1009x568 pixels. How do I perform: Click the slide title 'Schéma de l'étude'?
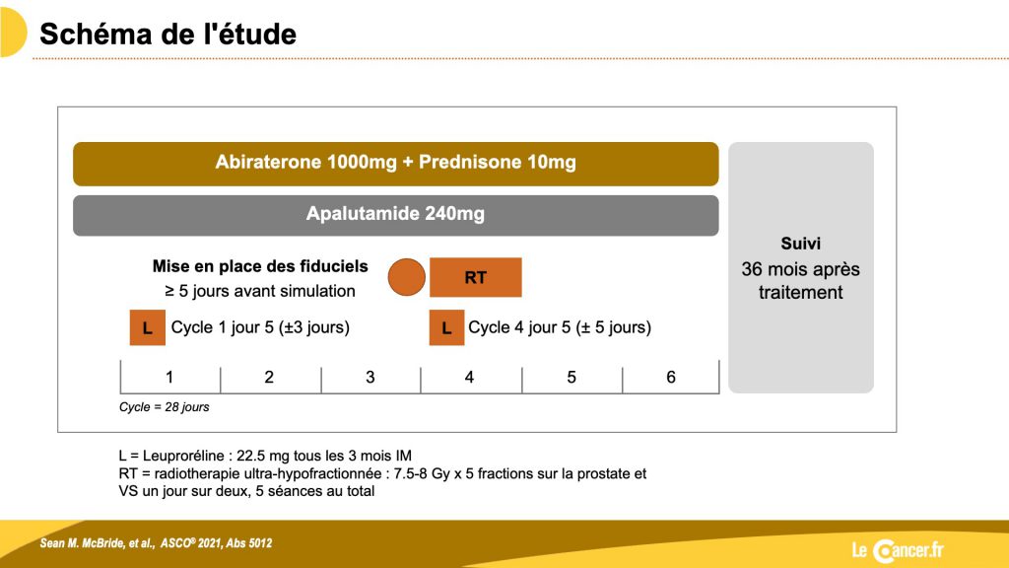click(x=168, y=35)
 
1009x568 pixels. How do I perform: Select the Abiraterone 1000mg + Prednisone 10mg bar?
click(x=396, y=164)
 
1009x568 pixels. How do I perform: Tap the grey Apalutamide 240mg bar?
click(x=396, y=215)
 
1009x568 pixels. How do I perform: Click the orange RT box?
click(x=476, y=277)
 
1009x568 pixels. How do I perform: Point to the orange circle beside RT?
click(x=407, y=277)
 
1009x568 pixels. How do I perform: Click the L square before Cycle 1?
click(x=148, y=327)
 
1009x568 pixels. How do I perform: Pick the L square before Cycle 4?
click(x=446, y=327)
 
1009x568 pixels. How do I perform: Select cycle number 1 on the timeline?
click(x=169, y=378)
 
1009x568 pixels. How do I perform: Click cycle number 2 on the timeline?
click(x=269, y=378)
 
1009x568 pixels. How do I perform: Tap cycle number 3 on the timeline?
click(x=370, y=378)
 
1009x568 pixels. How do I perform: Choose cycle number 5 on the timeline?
click(x=572, y=378)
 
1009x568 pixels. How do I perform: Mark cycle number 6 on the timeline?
click(x=670, y=378)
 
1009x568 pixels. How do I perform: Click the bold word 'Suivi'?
click(x=800, y=244)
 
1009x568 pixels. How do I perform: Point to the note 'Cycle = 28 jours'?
click(x=165, y=407)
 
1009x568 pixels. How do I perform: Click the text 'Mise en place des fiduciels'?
click(x=260, y=266)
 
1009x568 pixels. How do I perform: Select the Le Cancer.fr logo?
click(x=898, y=550)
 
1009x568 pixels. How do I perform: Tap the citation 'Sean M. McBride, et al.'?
click(x=98, y=543)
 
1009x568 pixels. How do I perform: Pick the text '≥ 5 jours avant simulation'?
click(x=260, y=291)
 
